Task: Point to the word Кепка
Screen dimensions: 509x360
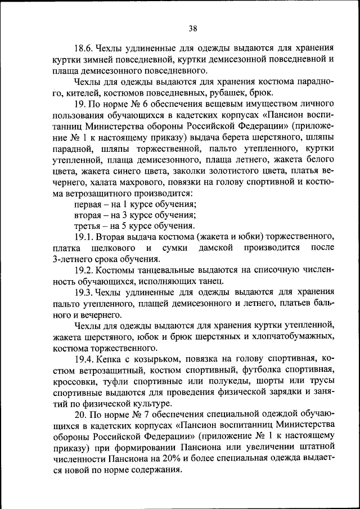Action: (x=114, y=358)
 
